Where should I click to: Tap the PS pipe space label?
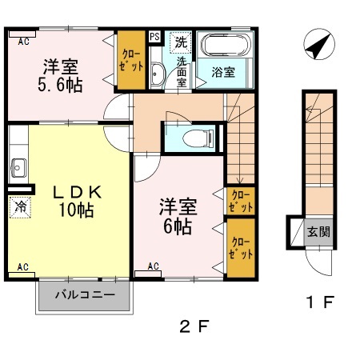(154, 37)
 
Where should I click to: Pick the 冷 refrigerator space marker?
(19, 206)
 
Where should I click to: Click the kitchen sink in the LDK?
(18, 168)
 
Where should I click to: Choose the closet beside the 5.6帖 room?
(130, 62)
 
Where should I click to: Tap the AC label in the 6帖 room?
(154, 266)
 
